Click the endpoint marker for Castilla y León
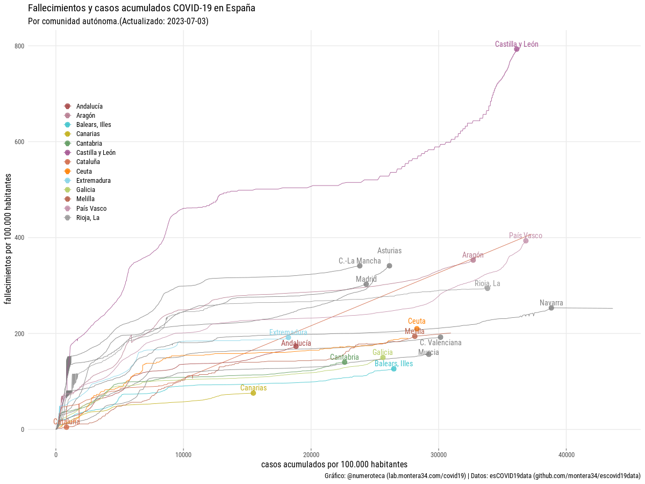517,49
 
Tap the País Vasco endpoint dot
526,240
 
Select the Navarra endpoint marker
551,308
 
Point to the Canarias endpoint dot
253,393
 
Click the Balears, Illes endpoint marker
393,369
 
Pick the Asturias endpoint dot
389,266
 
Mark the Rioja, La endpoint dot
488,288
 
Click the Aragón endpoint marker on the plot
473,260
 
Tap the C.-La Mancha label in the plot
360,261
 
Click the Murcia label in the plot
428,352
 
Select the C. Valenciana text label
440,343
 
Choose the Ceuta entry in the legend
84,171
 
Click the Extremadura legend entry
93,180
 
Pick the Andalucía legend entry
89,106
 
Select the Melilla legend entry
86,199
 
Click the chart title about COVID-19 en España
141,8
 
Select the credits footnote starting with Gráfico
482,476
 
